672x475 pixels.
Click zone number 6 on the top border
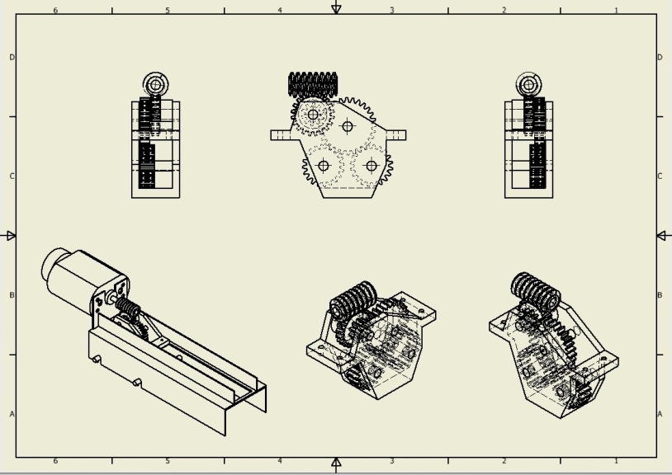point(55,11)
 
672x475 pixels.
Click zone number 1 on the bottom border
point(616,461)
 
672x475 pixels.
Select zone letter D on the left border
point(12,57)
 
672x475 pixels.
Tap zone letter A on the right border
point(660,414)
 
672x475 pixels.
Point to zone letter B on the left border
point(12,295)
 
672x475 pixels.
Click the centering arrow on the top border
point(336,8)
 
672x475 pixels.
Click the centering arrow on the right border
point(663,236)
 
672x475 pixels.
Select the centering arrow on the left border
point(10,236)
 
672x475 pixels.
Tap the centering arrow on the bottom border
point(336,463)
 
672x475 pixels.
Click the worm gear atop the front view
point(313,83)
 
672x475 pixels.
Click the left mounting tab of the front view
point(281,134)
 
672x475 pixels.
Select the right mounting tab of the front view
point(395,134)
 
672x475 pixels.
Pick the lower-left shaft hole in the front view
point(324,166)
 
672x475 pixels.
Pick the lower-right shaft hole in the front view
point(371,166)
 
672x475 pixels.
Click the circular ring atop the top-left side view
point(155,83)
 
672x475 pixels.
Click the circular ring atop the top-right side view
point(528,83)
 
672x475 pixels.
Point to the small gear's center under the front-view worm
point(313,115)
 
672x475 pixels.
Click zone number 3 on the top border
point(391,11)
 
